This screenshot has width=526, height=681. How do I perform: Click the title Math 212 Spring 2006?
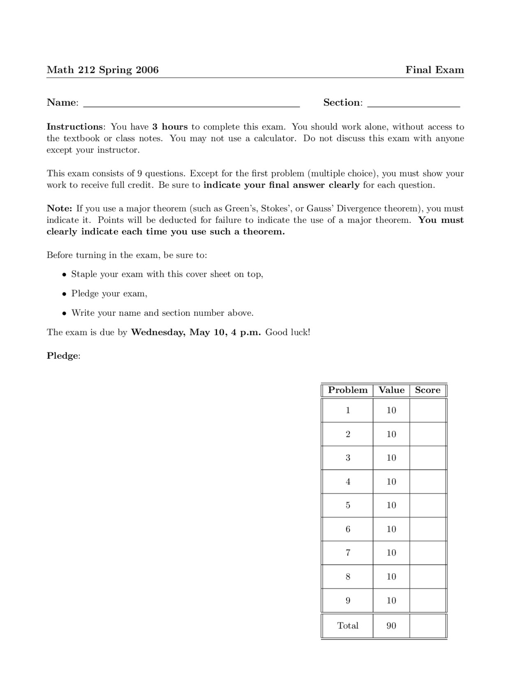point(102,70)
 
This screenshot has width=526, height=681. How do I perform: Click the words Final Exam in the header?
point(434,70)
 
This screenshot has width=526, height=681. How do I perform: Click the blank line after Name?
point(191,104)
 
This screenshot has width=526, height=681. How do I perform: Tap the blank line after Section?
point(413,104)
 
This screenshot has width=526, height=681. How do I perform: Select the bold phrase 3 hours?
point(170,127)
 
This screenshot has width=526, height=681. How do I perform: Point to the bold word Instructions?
point(74,127)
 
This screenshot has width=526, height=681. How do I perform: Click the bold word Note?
point(59,208)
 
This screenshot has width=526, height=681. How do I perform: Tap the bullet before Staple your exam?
point(64,275)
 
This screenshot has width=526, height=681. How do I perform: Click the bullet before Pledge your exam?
point(64,294)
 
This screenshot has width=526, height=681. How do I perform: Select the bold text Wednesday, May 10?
point(178,332)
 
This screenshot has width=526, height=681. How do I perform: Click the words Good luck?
point(288,332)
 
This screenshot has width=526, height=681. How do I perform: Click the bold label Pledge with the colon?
point(63,356)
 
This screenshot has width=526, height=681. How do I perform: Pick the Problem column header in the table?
point(348,390)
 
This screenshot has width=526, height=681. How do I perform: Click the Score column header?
point(427,390)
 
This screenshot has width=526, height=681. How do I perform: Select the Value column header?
point(391,390)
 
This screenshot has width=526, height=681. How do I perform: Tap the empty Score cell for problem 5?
point(428,505)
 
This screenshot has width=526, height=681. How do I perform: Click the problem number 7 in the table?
point(348,553)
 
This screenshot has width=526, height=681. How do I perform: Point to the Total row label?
point(348,626)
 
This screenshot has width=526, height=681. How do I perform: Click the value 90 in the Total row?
point(391,626)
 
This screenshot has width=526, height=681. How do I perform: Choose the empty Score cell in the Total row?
point(428,626)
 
